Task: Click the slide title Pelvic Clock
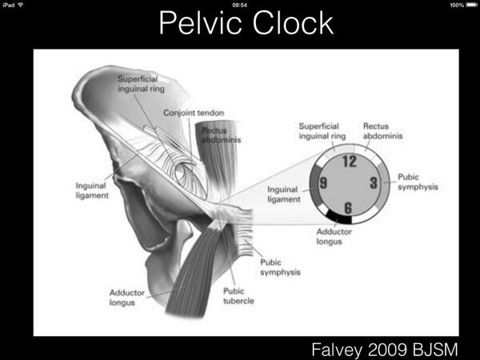(246, 23)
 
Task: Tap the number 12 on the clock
(348, 161)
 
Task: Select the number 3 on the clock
(374, 182)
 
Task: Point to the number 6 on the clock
(349, 208)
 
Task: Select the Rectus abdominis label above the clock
(382, 130)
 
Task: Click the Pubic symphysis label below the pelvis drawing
(279, 267)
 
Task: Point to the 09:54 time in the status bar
(239, 5)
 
